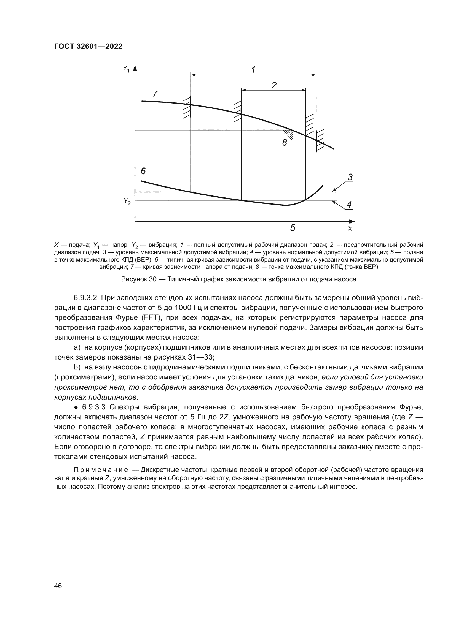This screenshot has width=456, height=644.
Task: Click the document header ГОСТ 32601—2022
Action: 88,47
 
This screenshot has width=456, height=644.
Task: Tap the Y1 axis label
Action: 126,69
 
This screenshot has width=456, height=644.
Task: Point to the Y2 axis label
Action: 127,201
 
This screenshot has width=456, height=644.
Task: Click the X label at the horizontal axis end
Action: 350,229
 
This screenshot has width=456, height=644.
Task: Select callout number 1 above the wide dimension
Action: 253,70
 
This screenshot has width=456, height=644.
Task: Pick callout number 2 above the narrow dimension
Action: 274,85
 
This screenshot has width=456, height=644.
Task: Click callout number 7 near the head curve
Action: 155,94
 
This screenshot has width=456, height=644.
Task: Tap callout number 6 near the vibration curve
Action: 143,170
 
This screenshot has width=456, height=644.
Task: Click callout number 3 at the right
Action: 350,177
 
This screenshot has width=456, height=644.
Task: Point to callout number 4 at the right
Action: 349,205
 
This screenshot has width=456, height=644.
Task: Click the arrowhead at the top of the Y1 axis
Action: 135,68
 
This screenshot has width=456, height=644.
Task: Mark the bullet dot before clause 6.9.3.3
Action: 76,407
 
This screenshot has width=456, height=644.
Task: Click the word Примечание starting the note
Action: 101,470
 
